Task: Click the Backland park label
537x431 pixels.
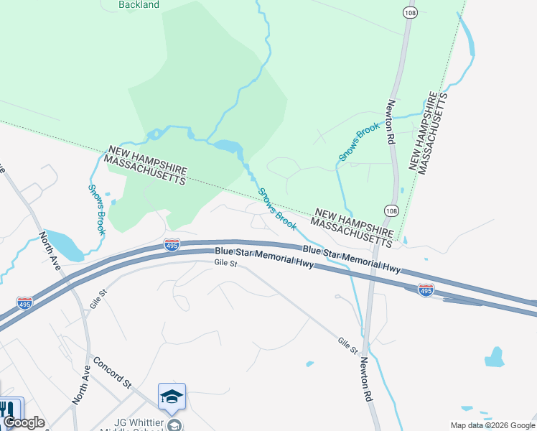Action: point(139,4)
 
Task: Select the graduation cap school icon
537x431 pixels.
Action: point(172,397)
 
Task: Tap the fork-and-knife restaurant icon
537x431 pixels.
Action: point(9,409)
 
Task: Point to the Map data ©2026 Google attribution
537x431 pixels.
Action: point(492,425)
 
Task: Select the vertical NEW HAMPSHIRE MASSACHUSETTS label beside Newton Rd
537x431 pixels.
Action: point(428,133)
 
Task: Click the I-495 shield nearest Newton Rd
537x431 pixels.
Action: point(426,289)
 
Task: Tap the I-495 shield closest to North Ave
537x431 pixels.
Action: point(24,302)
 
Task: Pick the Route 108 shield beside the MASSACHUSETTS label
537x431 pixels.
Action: point(391,210)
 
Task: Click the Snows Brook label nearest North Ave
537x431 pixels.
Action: point(97,209)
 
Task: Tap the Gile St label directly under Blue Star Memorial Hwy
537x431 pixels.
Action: point(225,264)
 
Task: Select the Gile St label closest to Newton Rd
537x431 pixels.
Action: point(348,346)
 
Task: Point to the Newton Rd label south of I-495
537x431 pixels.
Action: point(367,379)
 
